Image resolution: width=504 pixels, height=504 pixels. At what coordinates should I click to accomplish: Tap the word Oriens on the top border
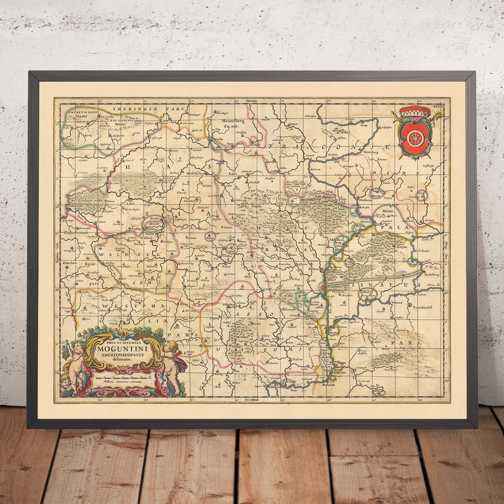pos(250,100)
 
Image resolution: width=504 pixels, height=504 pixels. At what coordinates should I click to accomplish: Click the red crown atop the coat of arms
pos(415,111)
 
